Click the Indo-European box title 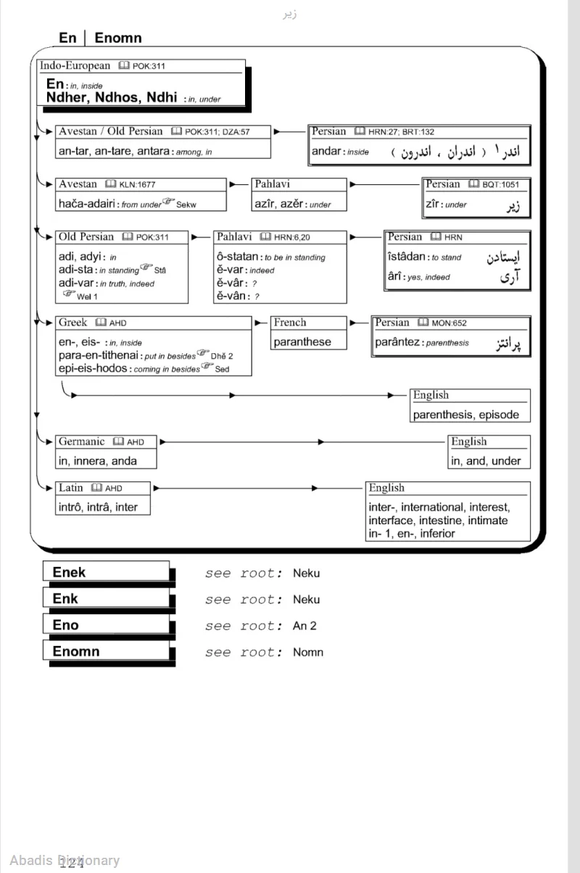tap(75, 66)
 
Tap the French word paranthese tap(302, 342)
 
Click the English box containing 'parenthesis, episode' tap(470, 406)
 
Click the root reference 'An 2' tap(304, 626)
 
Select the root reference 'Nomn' tap(308, 652)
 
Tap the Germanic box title tap(81, 442)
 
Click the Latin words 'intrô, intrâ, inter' tap(98, 507)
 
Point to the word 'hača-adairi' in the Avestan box tap(87, 204)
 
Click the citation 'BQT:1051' tap(500, 185)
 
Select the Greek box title tap(72, 323)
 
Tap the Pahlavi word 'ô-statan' tap(238, 257)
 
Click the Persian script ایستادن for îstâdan tap(505, 257)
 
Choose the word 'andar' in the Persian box tap(326, 152)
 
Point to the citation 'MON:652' tap(449, 323)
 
